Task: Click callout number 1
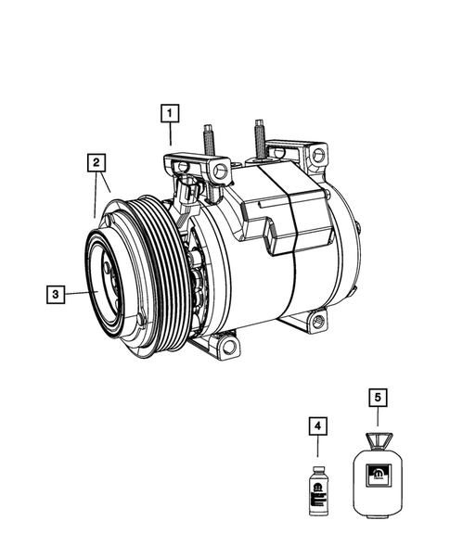169,113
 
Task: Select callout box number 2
95,163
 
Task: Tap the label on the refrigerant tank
379,477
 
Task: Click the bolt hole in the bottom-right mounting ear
318,323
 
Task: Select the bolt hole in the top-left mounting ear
220,171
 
